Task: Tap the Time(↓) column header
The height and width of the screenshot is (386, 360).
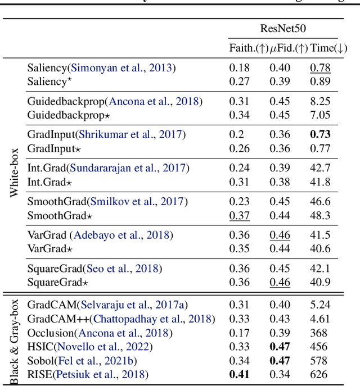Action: point(329,49)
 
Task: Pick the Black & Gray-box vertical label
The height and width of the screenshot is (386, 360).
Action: point(15,340)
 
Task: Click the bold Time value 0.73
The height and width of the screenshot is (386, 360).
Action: point(320,135)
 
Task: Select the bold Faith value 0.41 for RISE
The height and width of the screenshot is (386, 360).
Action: point(240,374)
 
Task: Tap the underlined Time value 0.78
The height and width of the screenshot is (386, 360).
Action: point(320,68)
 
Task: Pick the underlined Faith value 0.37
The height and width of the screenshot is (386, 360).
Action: point(240,215)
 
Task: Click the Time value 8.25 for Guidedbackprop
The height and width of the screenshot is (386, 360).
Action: point(320,102)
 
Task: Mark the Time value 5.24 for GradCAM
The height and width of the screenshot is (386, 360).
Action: point(320,305)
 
